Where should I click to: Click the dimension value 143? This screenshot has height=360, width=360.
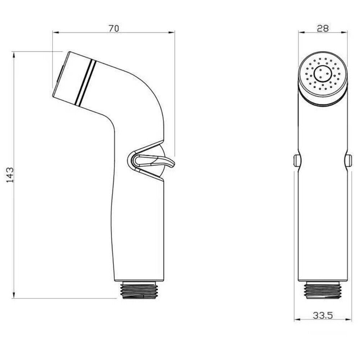(10, 175)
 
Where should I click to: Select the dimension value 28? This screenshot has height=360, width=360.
(323, 29)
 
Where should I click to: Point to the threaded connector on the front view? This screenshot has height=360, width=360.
(323, 290)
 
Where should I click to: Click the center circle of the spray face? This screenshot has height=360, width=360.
(323, 73)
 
